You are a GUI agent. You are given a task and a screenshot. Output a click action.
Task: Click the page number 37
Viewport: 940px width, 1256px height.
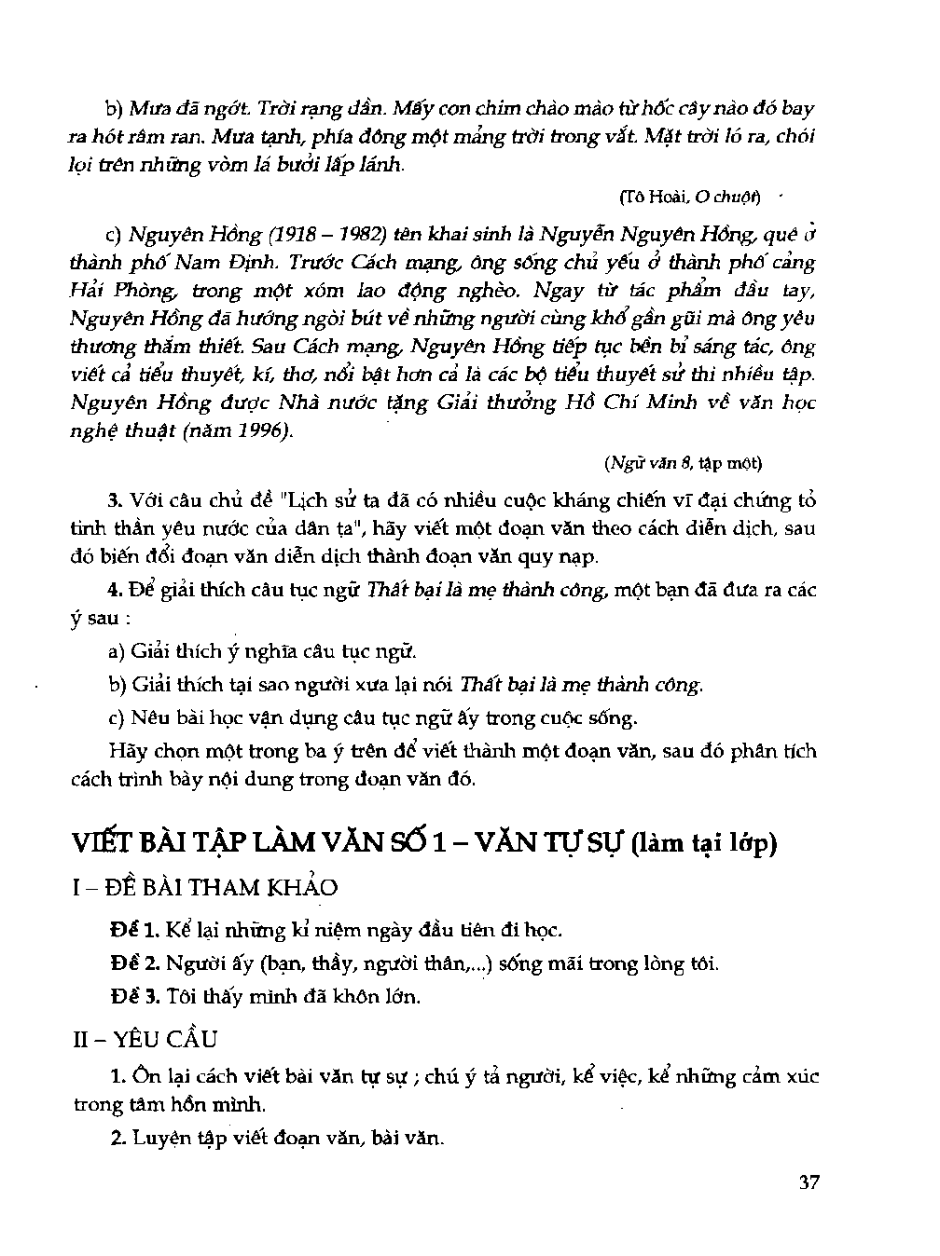tap(809, 1182)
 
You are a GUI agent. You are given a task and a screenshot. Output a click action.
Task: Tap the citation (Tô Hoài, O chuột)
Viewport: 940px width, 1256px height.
tap(689, 198)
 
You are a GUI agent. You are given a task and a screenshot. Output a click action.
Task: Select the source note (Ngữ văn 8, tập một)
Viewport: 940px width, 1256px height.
tap(683, 463)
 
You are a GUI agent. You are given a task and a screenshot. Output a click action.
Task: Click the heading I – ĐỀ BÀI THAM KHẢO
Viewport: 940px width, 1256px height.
tap(205, 887)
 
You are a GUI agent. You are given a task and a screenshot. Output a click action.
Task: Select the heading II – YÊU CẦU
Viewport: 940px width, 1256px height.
tap(145, 1039)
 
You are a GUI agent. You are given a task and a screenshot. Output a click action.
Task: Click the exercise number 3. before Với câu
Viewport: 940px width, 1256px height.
tap(116, 500)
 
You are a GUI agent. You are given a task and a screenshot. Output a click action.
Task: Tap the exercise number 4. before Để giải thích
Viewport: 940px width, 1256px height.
tap(116, 590)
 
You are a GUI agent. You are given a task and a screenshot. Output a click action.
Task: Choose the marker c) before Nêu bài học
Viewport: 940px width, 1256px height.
tap(117, 717)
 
